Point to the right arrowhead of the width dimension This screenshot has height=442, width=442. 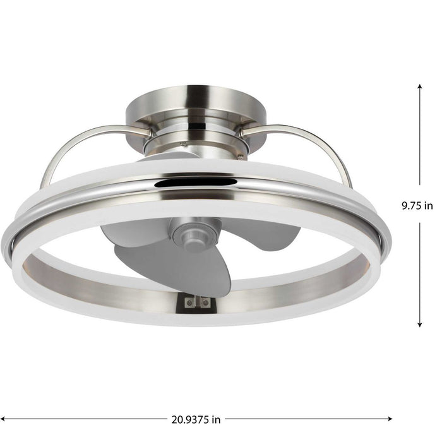point(391,419)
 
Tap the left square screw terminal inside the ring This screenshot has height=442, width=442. point(188,302)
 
